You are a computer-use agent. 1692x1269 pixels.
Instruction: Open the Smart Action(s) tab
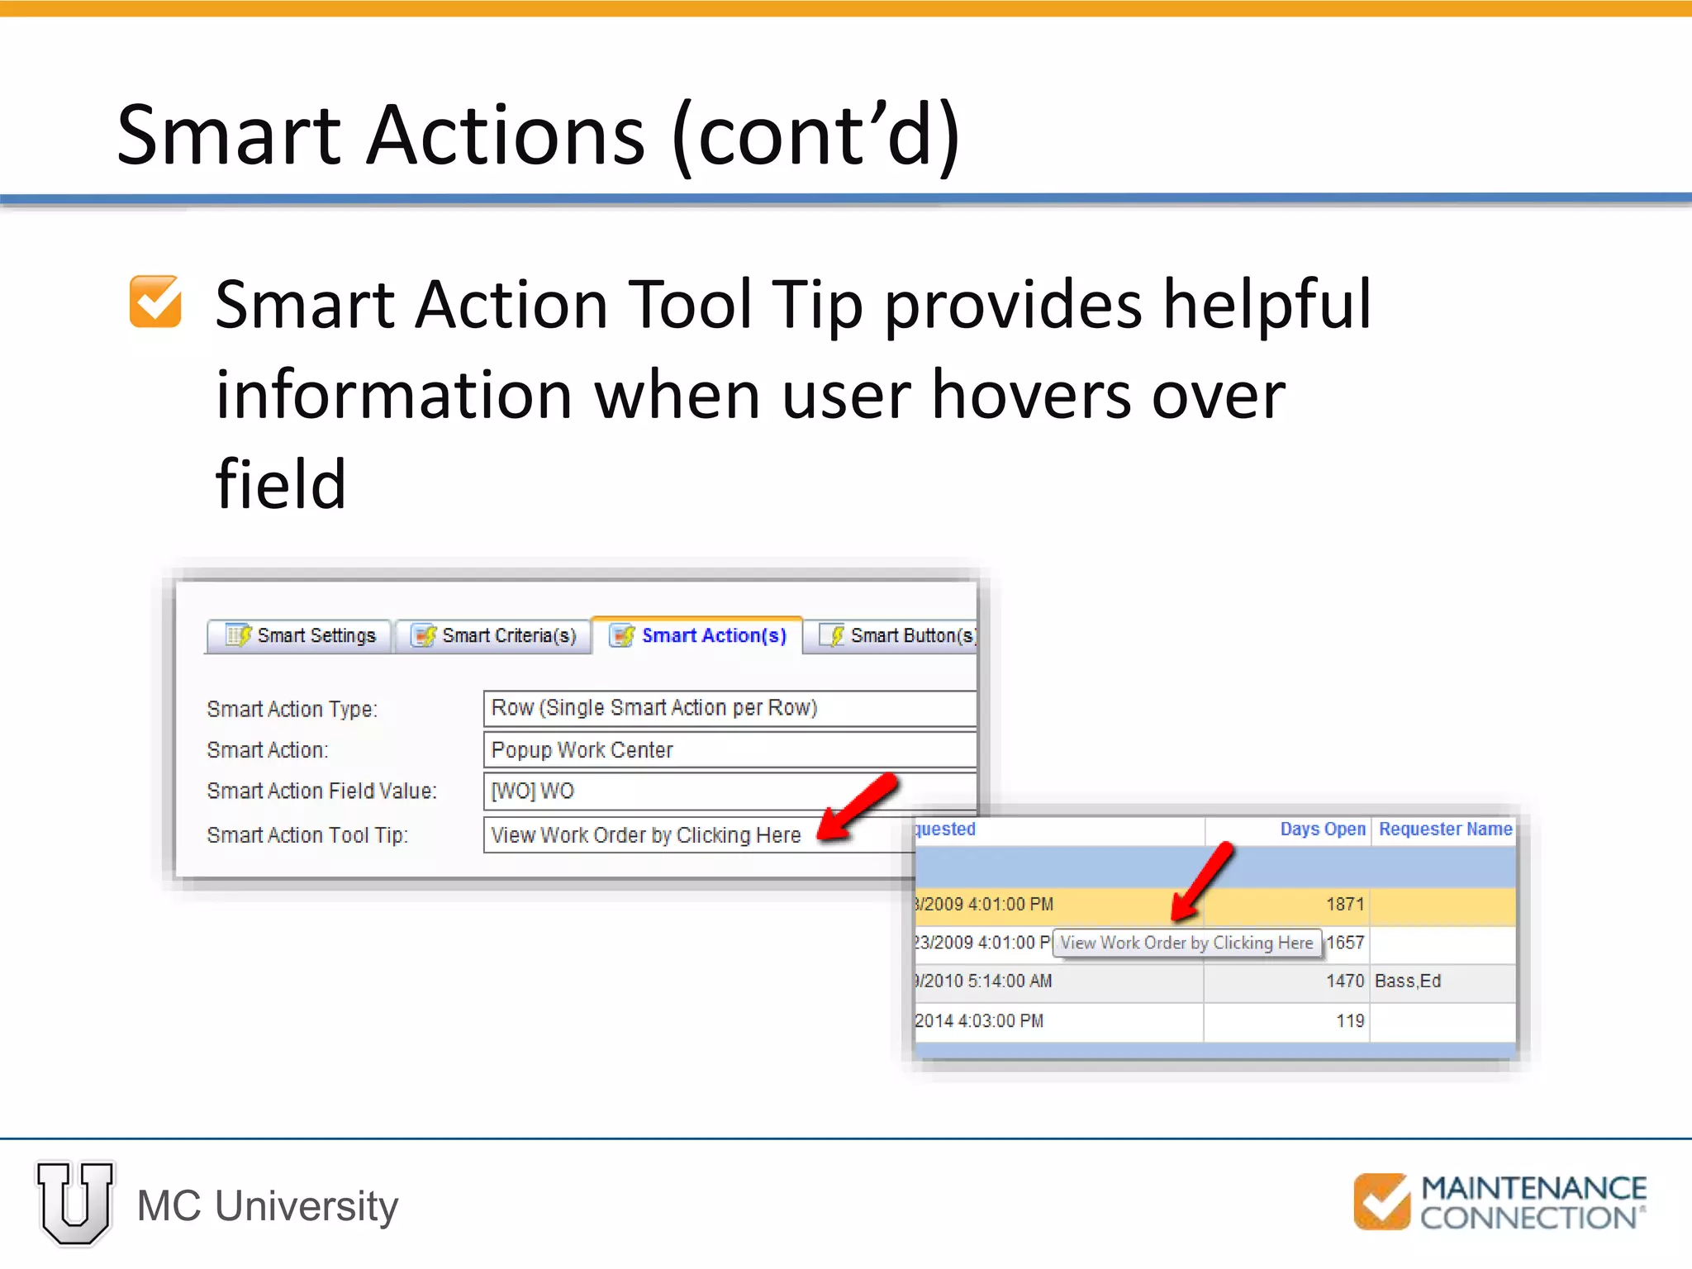click(x=698, y=635)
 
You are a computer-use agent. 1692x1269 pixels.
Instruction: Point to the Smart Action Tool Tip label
click(x=307, y=835)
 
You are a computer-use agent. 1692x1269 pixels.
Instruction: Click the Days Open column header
click(x=1322, y=829)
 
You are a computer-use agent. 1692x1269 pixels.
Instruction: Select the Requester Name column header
click(x=1445, y=829)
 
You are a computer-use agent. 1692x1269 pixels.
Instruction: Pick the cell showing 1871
click(x=1344, y=904)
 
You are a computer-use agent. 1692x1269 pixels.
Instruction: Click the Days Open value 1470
click(x=1344, y=981)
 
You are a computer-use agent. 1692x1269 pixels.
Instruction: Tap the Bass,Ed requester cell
click(x=1408, y=981)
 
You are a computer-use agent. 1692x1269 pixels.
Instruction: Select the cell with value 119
click(x=1350, y=1021)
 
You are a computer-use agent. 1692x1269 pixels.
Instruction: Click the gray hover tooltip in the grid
click(x=1186, y=943)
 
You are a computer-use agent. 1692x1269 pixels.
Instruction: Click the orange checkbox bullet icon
click(x=155, y=302)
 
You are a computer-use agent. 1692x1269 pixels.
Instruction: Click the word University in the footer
click(x=307, y=1206)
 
